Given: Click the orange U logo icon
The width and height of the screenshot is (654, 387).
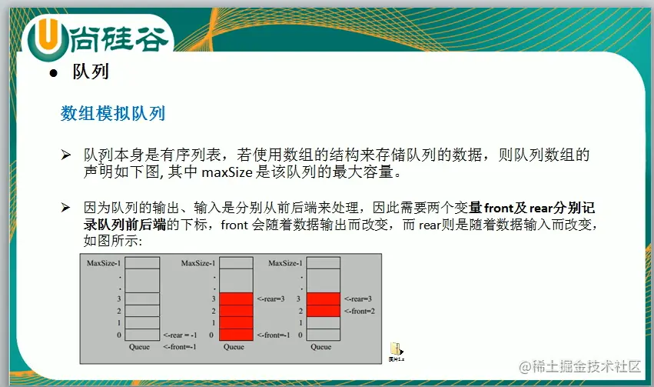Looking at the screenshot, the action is [48, 38].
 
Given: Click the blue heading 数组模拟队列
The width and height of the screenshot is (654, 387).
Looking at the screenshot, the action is [113, 114].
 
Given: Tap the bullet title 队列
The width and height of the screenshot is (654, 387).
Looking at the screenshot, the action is [91, 72].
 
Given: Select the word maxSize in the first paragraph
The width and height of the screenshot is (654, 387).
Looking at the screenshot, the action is [227, 172].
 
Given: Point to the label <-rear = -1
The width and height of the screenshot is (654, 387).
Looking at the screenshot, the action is [180, 335].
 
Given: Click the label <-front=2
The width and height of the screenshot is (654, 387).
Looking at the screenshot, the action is [360, 311].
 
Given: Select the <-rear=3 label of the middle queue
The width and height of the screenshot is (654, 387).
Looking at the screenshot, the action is [271, 299].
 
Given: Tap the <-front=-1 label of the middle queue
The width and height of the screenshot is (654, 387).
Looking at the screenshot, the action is [273, 335].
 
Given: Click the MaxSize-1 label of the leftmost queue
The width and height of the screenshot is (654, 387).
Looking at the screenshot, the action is [104, 263].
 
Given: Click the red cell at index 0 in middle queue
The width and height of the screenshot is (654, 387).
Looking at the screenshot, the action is [236, 335].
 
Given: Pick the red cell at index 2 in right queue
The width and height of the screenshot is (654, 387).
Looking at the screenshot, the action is [324, 311].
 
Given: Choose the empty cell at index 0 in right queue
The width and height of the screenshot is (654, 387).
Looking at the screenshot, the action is [324, 335].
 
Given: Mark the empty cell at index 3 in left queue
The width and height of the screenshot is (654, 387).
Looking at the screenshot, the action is [142, 299].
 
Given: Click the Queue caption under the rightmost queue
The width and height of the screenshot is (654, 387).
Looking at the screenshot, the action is [320, 347].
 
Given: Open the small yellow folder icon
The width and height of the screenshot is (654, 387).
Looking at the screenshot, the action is [397, 349].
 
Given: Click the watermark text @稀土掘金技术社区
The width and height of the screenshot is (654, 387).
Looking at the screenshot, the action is [579, 366].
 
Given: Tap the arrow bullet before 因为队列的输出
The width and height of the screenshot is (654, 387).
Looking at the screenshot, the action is [65, 207].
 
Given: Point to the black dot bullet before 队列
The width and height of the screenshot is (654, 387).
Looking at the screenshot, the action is [53, 74].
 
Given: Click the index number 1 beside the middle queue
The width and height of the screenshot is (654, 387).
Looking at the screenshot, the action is [214, 322].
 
